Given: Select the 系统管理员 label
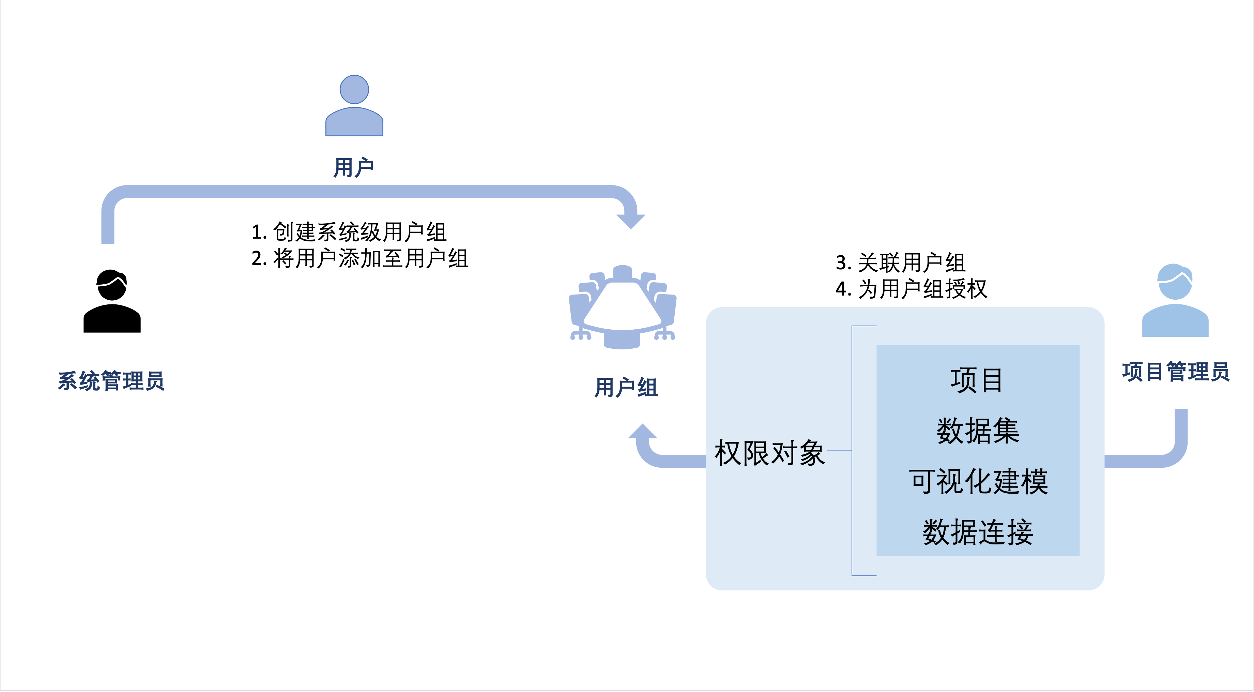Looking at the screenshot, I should pos(111,381).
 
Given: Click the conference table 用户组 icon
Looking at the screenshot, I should pos(623,307).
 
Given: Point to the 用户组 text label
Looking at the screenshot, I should pos(626,388).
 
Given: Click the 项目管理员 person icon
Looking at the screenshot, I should pos(1175,302).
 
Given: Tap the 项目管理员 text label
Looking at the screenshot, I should pos(1176,372).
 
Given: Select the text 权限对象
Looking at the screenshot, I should pos(769,453).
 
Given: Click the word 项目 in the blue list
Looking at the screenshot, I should pos(977,380).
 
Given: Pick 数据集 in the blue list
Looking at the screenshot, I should pos(978,431).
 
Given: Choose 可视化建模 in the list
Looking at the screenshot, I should pos(978,482).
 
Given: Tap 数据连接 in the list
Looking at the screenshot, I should pos(978,532).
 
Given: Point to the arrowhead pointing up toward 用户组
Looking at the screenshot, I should pos(643,432).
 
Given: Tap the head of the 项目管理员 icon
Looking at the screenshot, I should pos(1175,283).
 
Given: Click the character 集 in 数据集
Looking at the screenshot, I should pos(1006,431).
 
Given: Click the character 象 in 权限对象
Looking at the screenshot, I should pos(811,453).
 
